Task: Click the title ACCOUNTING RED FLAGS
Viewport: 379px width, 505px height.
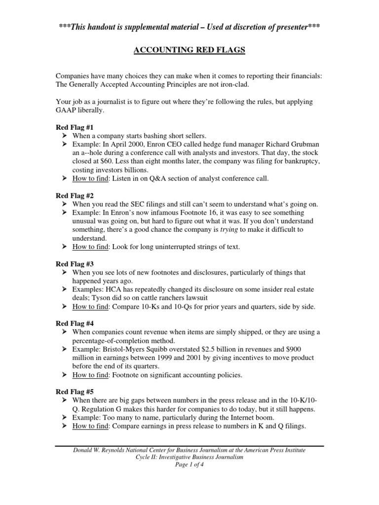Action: tap(189, 50)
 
